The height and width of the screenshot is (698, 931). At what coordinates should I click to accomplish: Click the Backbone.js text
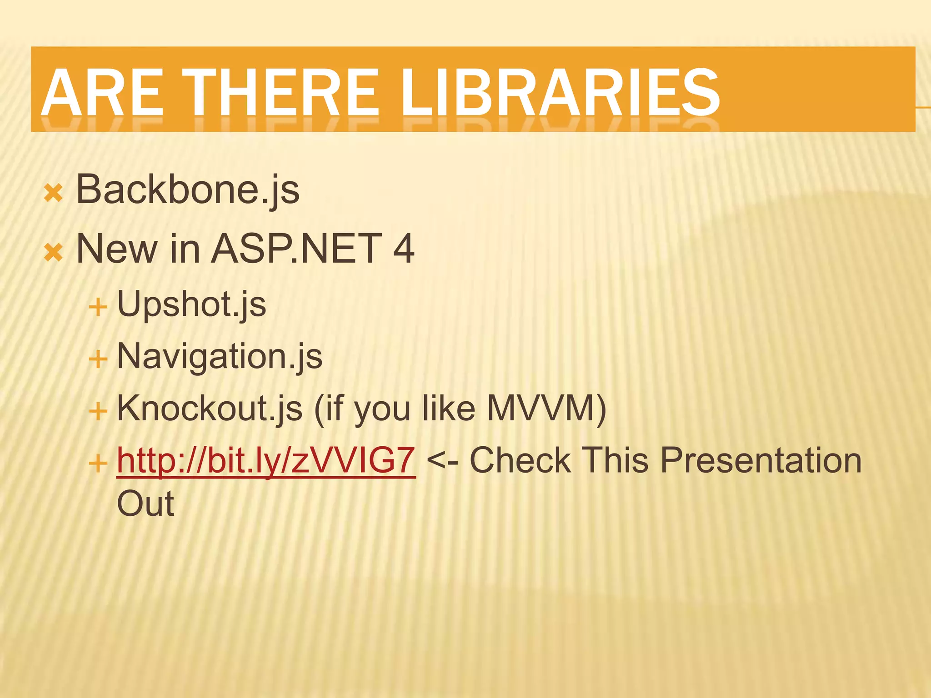pyautogui.click(x=187, y=190)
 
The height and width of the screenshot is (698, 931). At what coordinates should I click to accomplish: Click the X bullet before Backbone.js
pyautogui.click(x=53, y=194)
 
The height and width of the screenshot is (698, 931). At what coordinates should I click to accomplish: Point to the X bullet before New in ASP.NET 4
pyautogui.click(x=53, y=253)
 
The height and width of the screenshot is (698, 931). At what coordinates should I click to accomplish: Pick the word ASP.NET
pyautogui.click(x=296, y=249)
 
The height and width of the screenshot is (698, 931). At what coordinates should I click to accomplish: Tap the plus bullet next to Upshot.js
pyautogui.click(x=98, y=308)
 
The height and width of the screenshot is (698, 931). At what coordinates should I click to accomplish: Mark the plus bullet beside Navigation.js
pyautogui.click(x=98, y=360)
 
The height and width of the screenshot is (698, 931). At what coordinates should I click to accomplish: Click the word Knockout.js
pyautogui.click(x=210, y=409)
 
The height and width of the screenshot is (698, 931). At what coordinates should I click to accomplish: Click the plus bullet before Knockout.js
pyautogui.click(x=98, y=412)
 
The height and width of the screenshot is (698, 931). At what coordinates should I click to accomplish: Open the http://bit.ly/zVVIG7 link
pyautogui.click(x=266, y=461)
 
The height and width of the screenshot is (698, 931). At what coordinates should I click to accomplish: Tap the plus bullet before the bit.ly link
pyautogui.click(x=98, y=464)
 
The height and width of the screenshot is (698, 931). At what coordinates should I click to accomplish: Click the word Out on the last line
pyautogui.click(x=145, y=504)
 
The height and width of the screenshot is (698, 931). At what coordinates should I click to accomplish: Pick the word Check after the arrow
pyautogui.click(x=520, y=461)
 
